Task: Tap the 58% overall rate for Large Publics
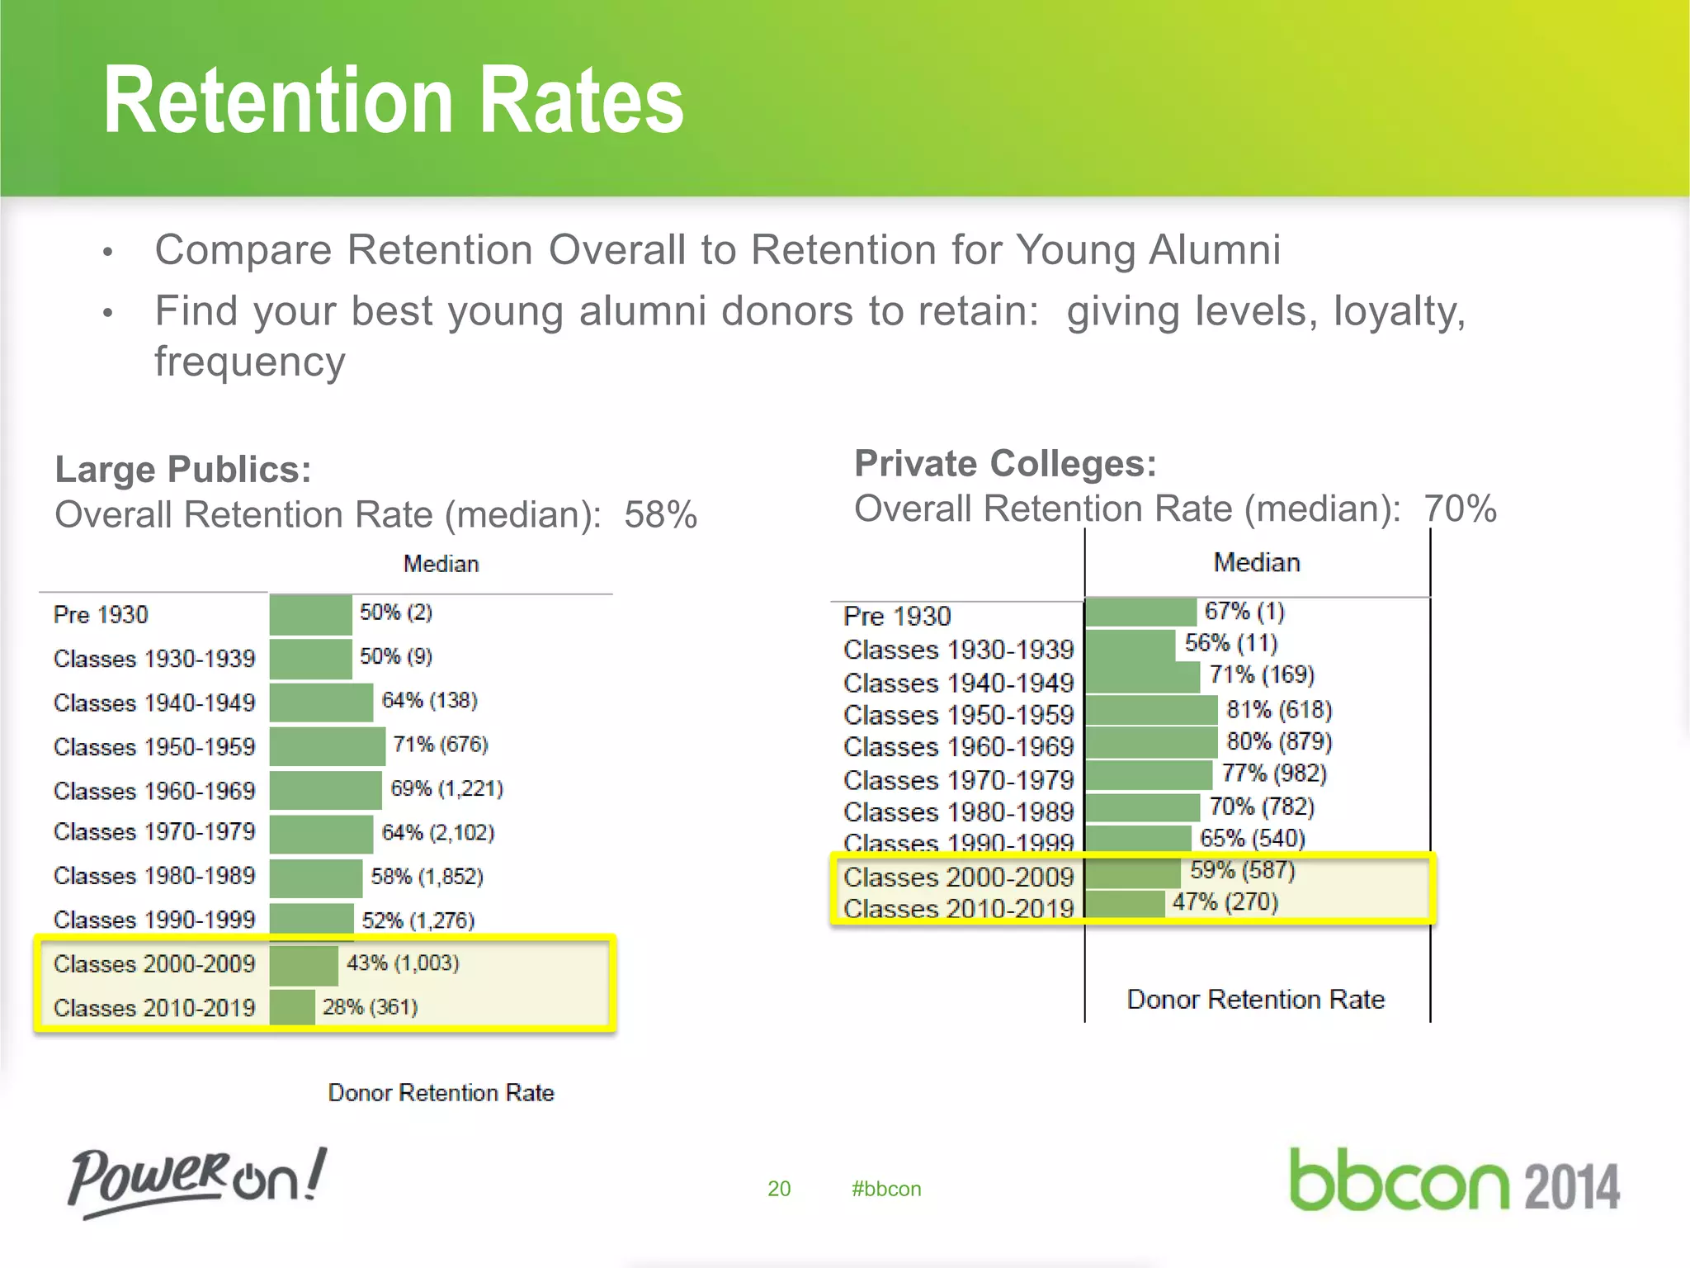pos(660,515)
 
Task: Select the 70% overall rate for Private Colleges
pos(1460,509)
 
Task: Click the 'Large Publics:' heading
pos(183,469)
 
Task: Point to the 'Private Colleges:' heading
pos(1005,463)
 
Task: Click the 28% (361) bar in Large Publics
pos(292,1007)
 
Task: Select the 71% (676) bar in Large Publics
pos(327,745)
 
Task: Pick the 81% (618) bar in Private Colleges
pos(1151,710)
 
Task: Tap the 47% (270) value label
pos(1225,901)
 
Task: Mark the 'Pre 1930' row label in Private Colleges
pos(897,616)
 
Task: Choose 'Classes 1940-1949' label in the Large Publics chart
pos(154,703)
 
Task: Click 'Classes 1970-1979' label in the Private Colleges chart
pos(958,779)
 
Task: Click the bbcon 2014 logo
pos(1454,1181)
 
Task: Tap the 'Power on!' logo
pos(197,1180)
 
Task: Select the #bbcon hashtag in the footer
pos(886,1189)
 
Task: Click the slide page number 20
pos(779,1189)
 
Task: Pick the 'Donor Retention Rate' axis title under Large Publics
pos(441,1092)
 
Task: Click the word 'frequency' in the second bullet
pos(250,362)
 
